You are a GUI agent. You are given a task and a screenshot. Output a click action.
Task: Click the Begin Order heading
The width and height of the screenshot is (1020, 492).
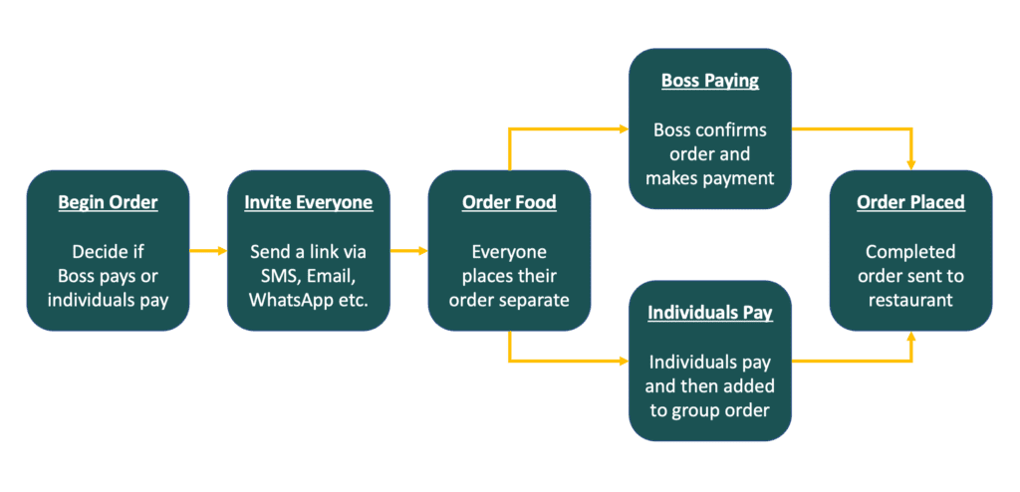108,202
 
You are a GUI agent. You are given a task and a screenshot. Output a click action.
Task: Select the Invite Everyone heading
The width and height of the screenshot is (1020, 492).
309,202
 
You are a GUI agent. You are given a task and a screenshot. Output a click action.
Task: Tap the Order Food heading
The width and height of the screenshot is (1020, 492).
509,202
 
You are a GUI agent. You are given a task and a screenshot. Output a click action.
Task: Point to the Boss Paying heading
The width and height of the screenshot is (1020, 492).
710,81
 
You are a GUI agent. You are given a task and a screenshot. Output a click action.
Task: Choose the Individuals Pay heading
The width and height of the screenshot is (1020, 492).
710,312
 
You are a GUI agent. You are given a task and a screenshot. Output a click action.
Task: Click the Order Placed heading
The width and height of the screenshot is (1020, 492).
910,202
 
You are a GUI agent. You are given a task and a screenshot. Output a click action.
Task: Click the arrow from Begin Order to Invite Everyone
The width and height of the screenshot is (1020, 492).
208,251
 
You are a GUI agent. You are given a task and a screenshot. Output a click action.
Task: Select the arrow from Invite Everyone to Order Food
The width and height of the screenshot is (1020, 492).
408,251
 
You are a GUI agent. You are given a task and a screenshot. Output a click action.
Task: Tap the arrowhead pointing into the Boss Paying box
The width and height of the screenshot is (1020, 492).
623,129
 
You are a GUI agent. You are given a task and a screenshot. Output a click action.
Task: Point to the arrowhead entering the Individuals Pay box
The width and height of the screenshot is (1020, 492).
623,360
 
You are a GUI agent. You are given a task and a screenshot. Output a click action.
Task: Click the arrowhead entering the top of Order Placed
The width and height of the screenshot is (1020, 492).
910,163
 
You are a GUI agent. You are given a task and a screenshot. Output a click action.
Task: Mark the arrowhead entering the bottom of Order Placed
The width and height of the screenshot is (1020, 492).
910,338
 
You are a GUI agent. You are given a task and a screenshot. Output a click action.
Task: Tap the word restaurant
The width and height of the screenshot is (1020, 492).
910,300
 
